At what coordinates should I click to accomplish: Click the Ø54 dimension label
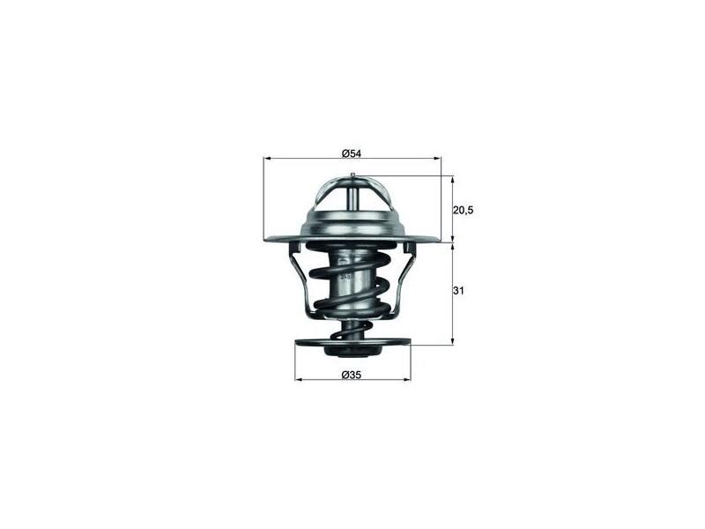point(352,153)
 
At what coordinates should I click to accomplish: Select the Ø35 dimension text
point(352,375)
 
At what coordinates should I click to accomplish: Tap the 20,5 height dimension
point(464,210)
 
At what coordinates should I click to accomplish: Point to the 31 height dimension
point(458,291)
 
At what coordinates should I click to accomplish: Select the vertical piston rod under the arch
point(352,198)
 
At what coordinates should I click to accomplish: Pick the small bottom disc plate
point(352,344)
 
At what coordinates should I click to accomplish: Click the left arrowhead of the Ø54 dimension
point(266,159)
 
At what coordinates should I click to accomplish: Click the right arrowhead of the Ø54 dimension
point(438,159)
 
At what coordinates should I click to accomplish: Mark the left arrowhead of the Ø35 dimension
point(297,380)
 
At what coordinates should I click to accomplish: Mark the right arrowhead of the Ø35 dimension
point(408,380)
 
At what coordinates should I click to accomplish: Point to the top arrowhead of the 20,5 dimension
point(453,178)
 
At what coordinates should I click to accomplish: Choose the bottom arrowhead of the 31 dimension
point(453,342)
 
